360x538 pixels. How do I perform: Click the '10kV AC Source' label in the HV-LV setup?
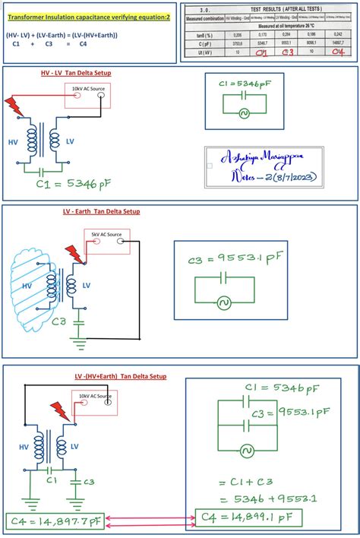(88, 89)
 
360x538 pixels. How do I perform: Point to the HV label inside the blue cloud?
(27, 286)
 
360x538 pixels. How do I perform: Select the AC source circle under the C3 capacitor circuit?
(225, 302)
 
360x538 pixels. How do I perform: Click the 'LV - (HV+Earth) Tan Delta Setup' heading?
(120, 377)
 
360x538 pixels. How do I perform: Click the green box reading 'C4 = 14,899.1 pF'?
(248, 518)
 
